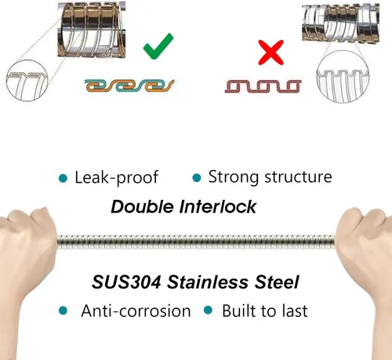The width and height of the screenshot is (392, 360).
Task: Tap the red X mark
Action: [271, 53]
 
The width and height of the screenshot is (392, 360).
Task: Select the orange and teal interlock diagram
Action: [129, 85]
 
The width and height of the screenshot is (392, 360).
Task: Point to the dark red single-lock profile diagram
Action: [263, 86]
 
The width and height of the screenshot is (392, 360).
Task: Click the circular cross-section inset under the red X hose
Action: [343, 76]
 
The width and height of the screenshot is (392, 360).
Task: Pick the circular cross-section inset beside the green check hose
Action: [27, 80]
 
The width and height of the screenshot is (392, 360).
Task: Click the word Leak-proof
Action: [117, 177]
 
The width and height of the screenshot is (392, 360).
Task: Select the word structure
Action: [298, 177]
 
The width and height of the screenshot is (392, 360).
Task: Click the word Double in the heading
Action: [143, 207]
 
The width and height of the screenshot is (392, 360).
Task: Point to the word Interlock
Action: [218, 207]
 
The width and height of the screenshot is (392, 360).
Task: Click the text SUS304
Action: [126, 282]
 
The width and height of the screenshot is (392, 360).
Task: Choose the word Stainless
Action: [208, 282]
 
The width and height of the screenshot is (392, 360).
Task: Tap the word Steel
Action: [277, 282]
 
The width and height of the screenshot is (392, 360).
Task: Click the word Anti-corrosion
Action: [136, 311]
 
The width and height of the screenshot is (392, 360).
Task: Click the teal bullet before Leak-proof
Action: [63, 178]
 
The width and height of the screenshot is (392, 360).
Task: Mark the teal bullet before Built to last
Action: [208, 311]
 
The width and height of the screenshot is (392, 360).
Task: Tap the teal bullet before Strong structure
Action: [197, 178]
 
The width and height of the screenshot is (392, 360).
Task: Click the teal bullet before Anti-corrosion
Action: [63, 311]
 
